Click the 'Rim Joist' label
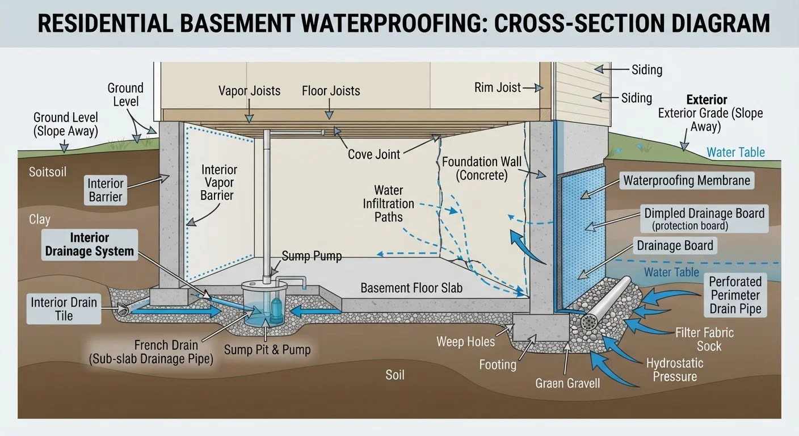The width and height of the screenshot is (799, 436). (497, 87)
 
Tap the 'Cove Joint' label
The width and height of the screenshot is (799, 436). (374, 154)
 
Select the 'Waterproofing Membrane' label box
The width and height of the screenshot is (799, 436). (687, 181)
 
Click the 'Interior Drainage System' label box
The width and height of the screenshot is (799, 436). (90, 245)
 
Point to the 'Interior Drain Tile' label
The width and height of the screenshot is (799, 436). (64, 309)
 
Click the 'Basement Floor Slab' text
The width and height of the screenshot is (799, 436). (411, 288)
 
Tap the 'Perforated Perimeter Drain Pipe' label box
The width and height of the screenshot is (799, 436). (735, 295)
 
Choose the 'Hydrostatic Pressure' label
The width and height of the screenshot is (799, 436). (675, 370)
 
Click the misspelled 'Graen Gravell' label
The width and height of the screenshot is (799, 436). (567, 383)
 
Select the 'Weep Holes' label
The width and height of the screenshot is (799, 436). (465, 342)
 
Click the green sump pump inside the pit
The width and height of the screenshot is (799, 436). (277, 310)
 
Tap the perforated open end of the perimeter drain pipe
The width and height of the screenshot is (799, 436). (589, 322)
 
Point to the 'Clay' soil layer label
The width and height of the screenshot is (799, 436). (40, 220)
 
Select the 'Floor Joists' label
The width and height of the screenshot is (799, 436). (331, 91)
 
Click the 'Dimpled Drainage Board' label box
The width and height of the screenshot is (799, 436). (704, 219)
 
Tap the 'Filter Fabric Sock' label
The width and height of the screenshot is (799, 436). (704, 339)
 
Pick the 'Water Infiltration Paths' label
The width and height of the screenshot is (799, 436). (389, 204)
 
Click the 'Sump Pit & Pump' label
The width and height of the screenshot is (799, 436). (267, 349)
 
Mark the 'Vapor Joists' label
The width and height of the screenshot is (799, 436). (249, 91)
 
